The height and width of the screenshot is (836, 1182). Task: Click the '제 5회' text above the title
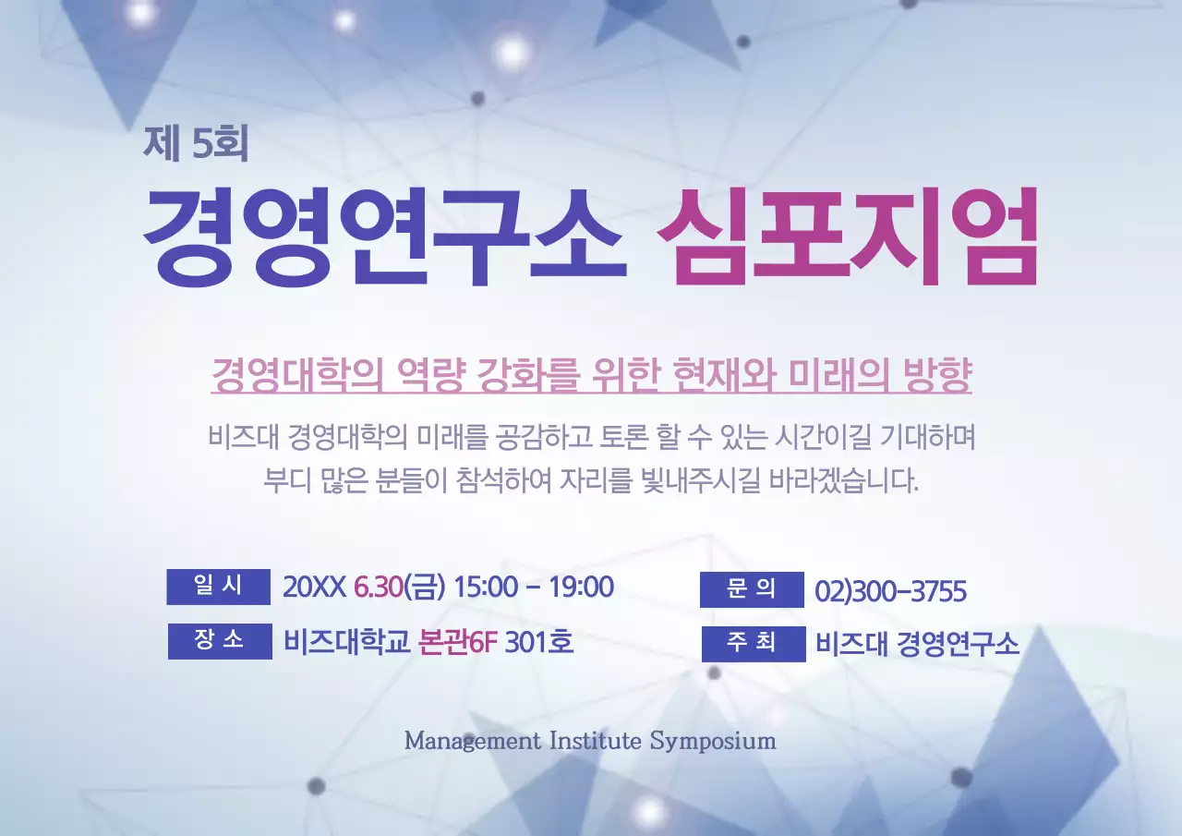pos(196,142)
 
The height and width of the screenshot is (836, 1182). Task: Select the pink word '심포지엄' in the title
pos(847,236)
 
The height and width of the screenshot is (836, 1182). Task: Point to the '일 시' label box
pos(218,587)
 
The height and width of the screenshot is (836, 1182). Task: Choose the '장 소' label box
pos(220,641)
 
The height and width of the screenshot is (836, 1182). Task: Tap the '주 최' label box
pos(753,644)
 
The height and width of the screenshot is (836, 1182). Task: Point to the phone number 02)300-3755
pos(890,591)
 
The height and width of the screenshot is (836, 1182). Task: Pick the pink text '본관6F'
pos(458,642)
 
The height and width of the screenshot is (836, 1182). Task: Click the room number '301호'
pos(539,642)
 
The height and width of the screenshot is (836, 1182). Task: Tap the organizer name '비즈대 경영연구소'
pos(917,644)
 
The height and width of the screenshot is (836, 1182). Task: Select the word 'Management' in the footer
pos(472,741)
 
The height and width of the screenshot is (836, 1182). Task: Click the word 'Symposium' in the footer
pos(713,741)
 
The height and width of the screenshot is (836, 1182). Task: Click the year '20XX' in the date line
pos(314,588)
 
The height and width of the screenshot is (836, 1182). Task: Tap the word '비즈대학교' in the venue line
pos(346,642)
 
